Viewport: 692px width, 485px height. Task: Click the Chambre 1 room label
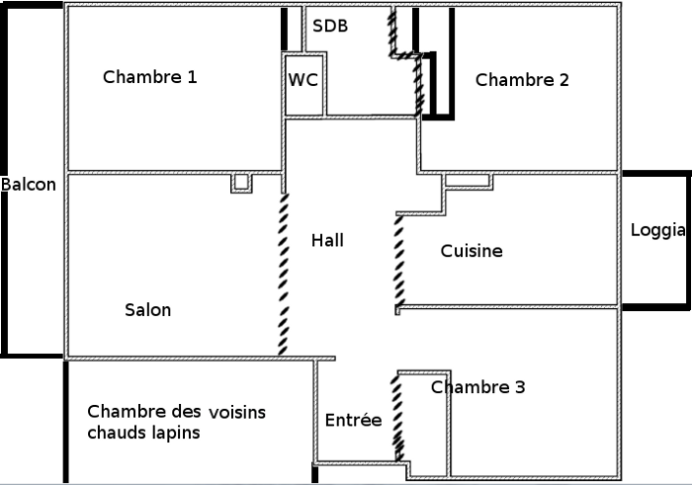coord(150,76)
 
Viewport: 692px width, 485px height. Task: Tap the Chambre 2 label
coord(522,80)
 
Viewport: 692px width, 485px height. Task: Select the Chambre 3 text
coord(477,387)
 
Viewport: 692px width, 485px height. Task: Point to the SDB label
coord(330,26)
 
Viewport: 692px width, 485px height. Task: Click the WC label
coord(303,80)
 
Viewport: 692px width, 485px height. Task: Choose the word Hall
coord(328,240)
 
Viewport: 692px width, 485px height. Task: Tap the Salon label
coord(147,309)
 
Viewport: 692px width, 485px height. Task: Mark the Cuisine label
coord(472,251)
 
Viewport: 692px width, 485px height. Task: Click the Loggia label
coord(658,231)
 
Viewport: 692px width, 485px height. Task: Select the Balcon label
coord(29,184)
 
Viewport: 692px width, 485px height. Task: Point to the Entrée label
coord(353,420)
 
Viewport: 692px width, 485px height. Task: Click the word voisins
coord(236,412)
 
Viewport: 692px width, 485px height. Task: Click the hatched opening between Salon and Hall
coord(284,274)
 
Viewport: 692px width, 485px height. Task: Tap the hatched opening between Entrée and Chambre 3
coord(399,416)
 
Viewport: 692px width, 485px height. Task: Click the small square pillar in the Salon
coord(240,183)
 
